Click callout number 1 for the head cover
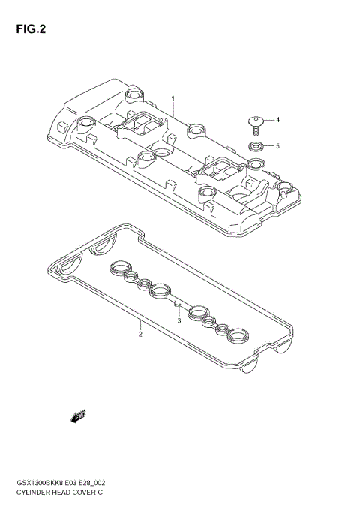(x=172, y=98)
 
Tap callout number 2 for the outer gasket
(x=140, y=334)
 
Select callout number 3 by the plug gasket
(x=180, y=321)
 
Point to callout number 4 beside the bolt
(x=277, y=120)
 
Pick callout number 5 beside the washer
(x=277, y=145)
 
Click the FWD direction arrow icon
(x=79, y=415)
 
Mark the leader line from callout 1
(x=173, y=110)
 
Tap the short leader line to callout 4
(x=268, y=120)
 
